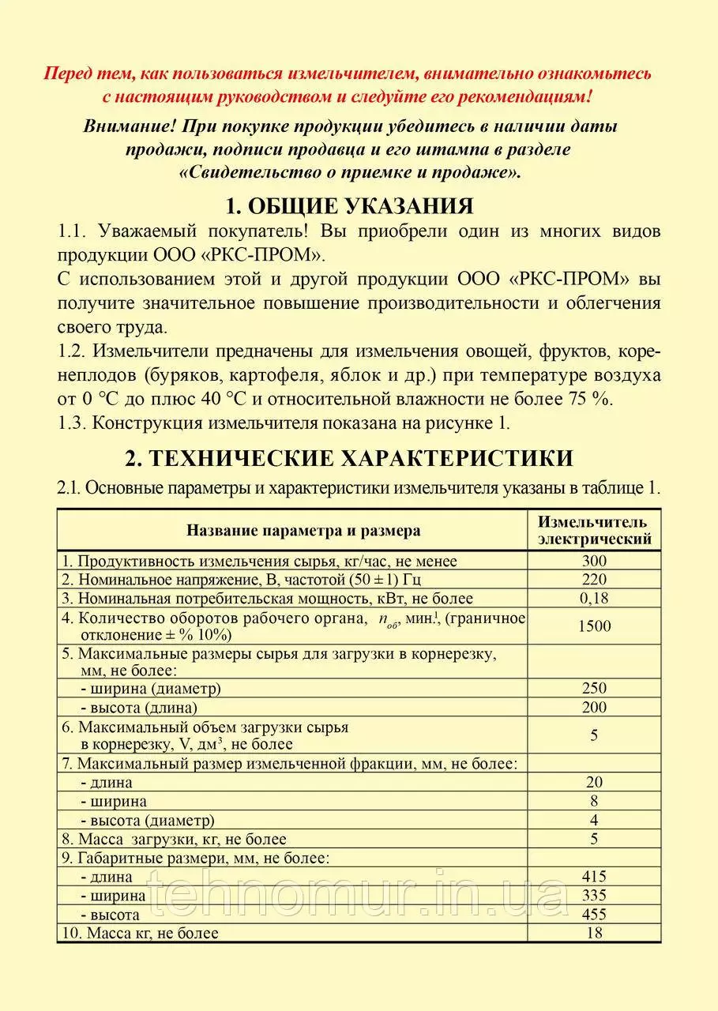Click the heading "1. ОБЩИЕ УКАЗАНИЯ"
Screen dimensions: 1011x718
click(349, 207)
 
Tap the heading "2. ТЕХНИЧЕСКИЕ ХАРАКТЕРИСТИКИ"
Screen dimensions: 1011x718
click(349, 458)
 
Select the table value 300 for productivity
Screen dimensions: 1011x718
click(594, 562)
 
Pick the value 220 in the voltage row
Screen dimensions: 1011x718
click(594, 580)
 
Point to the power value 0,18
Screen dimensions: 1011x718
click(594, 598)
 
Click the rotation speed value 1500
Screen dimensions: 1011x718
click(594, 626)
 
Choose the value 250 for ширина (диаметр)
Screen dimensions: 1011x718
click(594, 689)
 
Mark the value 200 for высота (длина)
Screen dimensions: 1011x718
click(594, 707)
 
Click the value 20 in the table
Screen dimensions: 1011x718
click(594, 782)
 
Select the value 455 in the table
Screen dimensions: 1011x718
click(594, 915)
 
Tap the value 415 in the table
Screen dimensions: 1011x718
click(594, 877)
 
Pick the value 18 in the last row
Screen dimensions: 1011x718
click(594, 933)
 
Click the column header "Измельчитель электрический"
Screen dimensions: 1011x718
click(594, 531)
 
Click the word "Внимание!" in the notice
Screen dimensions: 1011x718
click(127, 126)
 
